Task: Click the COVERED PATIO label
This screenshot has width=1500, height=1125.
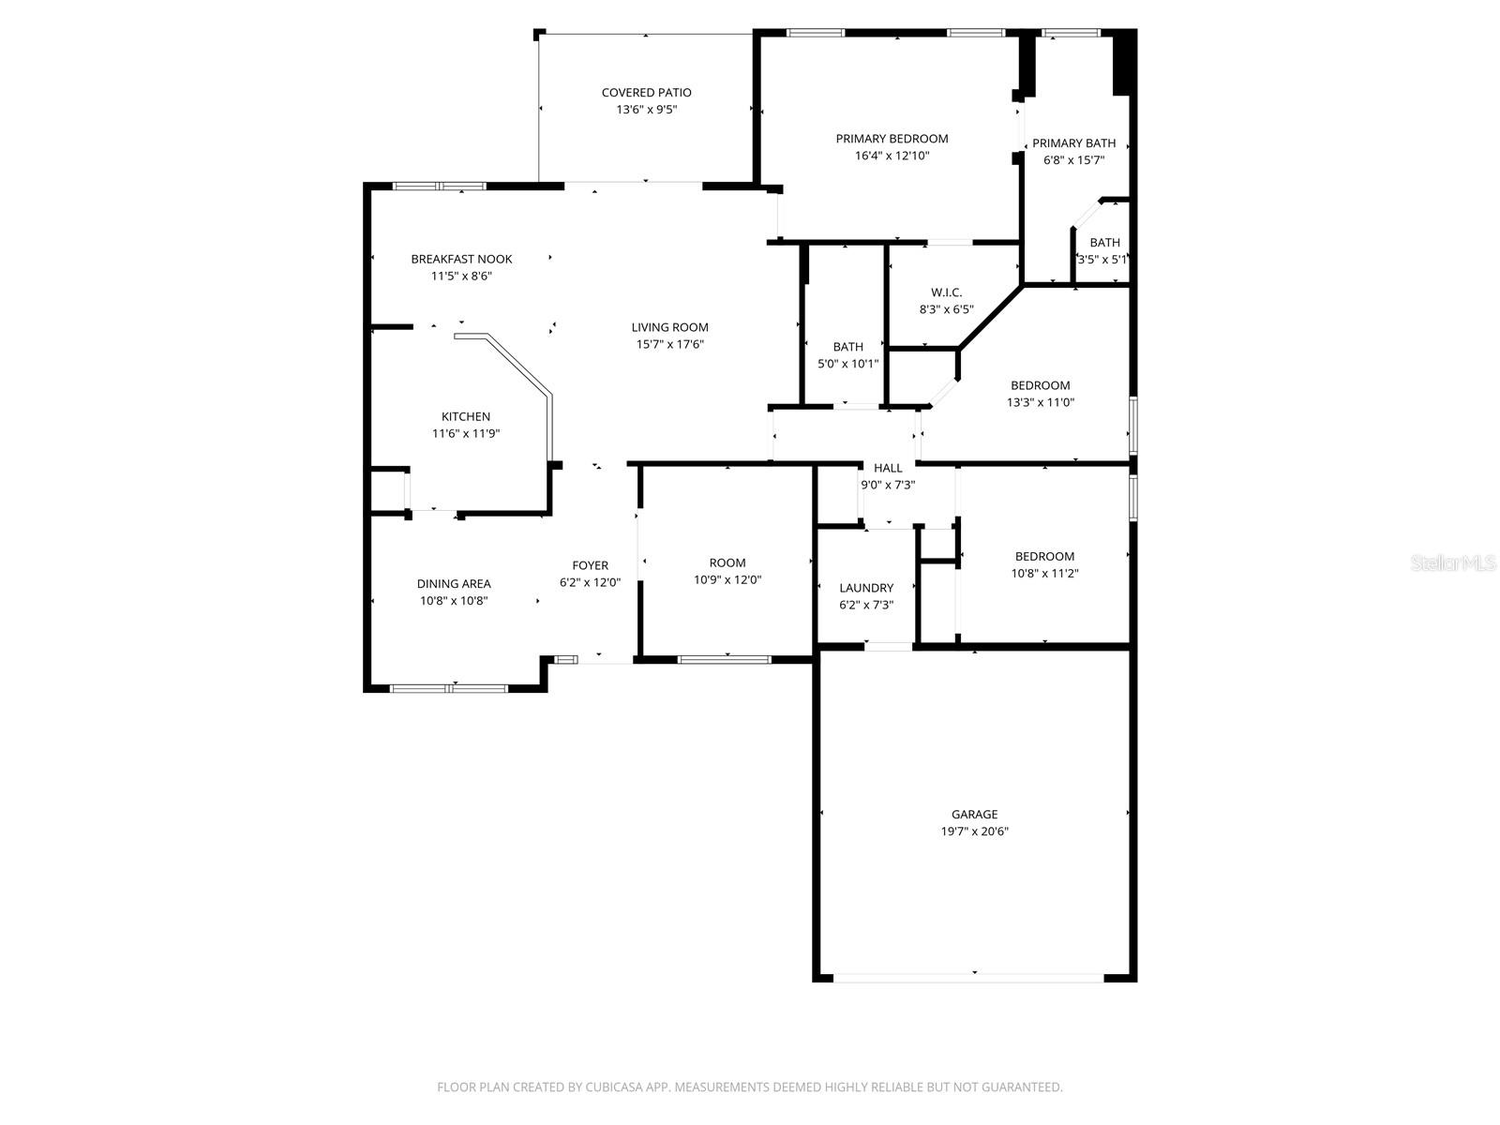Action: click(x=646, y=93)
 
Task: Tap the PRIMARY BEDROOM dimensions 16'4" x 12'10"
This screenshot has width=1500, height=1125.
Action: click(x=892, y=156)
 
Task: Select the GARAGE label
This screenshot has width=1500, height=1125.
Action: click(x=974, y=815)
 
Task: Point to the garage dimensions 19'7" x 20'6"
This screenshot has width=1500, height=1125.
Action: click(x=974, y=832)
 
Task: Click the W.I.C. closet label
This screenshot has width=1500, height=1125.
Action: click(x=946, y=292)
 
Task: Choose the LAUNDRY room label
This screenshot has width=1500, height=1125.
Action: click(x=866, y=589)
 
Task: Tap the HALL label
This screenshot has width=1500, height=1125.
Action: click(x=888, y=468)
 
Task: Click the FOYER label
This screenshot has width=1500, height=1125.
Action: click(x=590, y=565)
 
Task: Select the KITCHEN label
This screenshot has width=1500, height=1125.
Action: click(x=466, y=417)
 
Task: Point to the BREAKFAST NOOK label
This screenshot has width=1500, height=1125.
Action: click(x=461, y=260)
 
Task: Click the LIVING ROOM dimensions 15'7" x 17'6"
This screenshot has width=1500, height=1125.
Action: click(x=669, y=344)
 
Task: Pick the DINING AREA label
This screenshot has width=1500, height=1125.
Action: click(x=454, y=584)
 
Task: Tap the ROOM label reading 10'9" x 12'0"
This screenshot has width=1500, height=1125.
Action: click(x=727, y=563)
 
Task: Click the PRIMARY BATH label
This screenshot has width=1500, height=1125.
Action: click(x=1073, y=143)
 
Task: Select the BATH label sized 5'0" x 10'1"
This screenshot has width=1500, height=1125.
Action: click(x=847, y=348)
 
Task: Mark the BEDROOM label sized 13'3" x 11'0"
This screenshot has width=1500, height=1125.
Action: click(x=1040, y=385)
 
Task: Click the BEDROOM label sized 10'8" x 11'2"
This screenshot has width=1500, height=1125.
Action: click(x=1043, y=557)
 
